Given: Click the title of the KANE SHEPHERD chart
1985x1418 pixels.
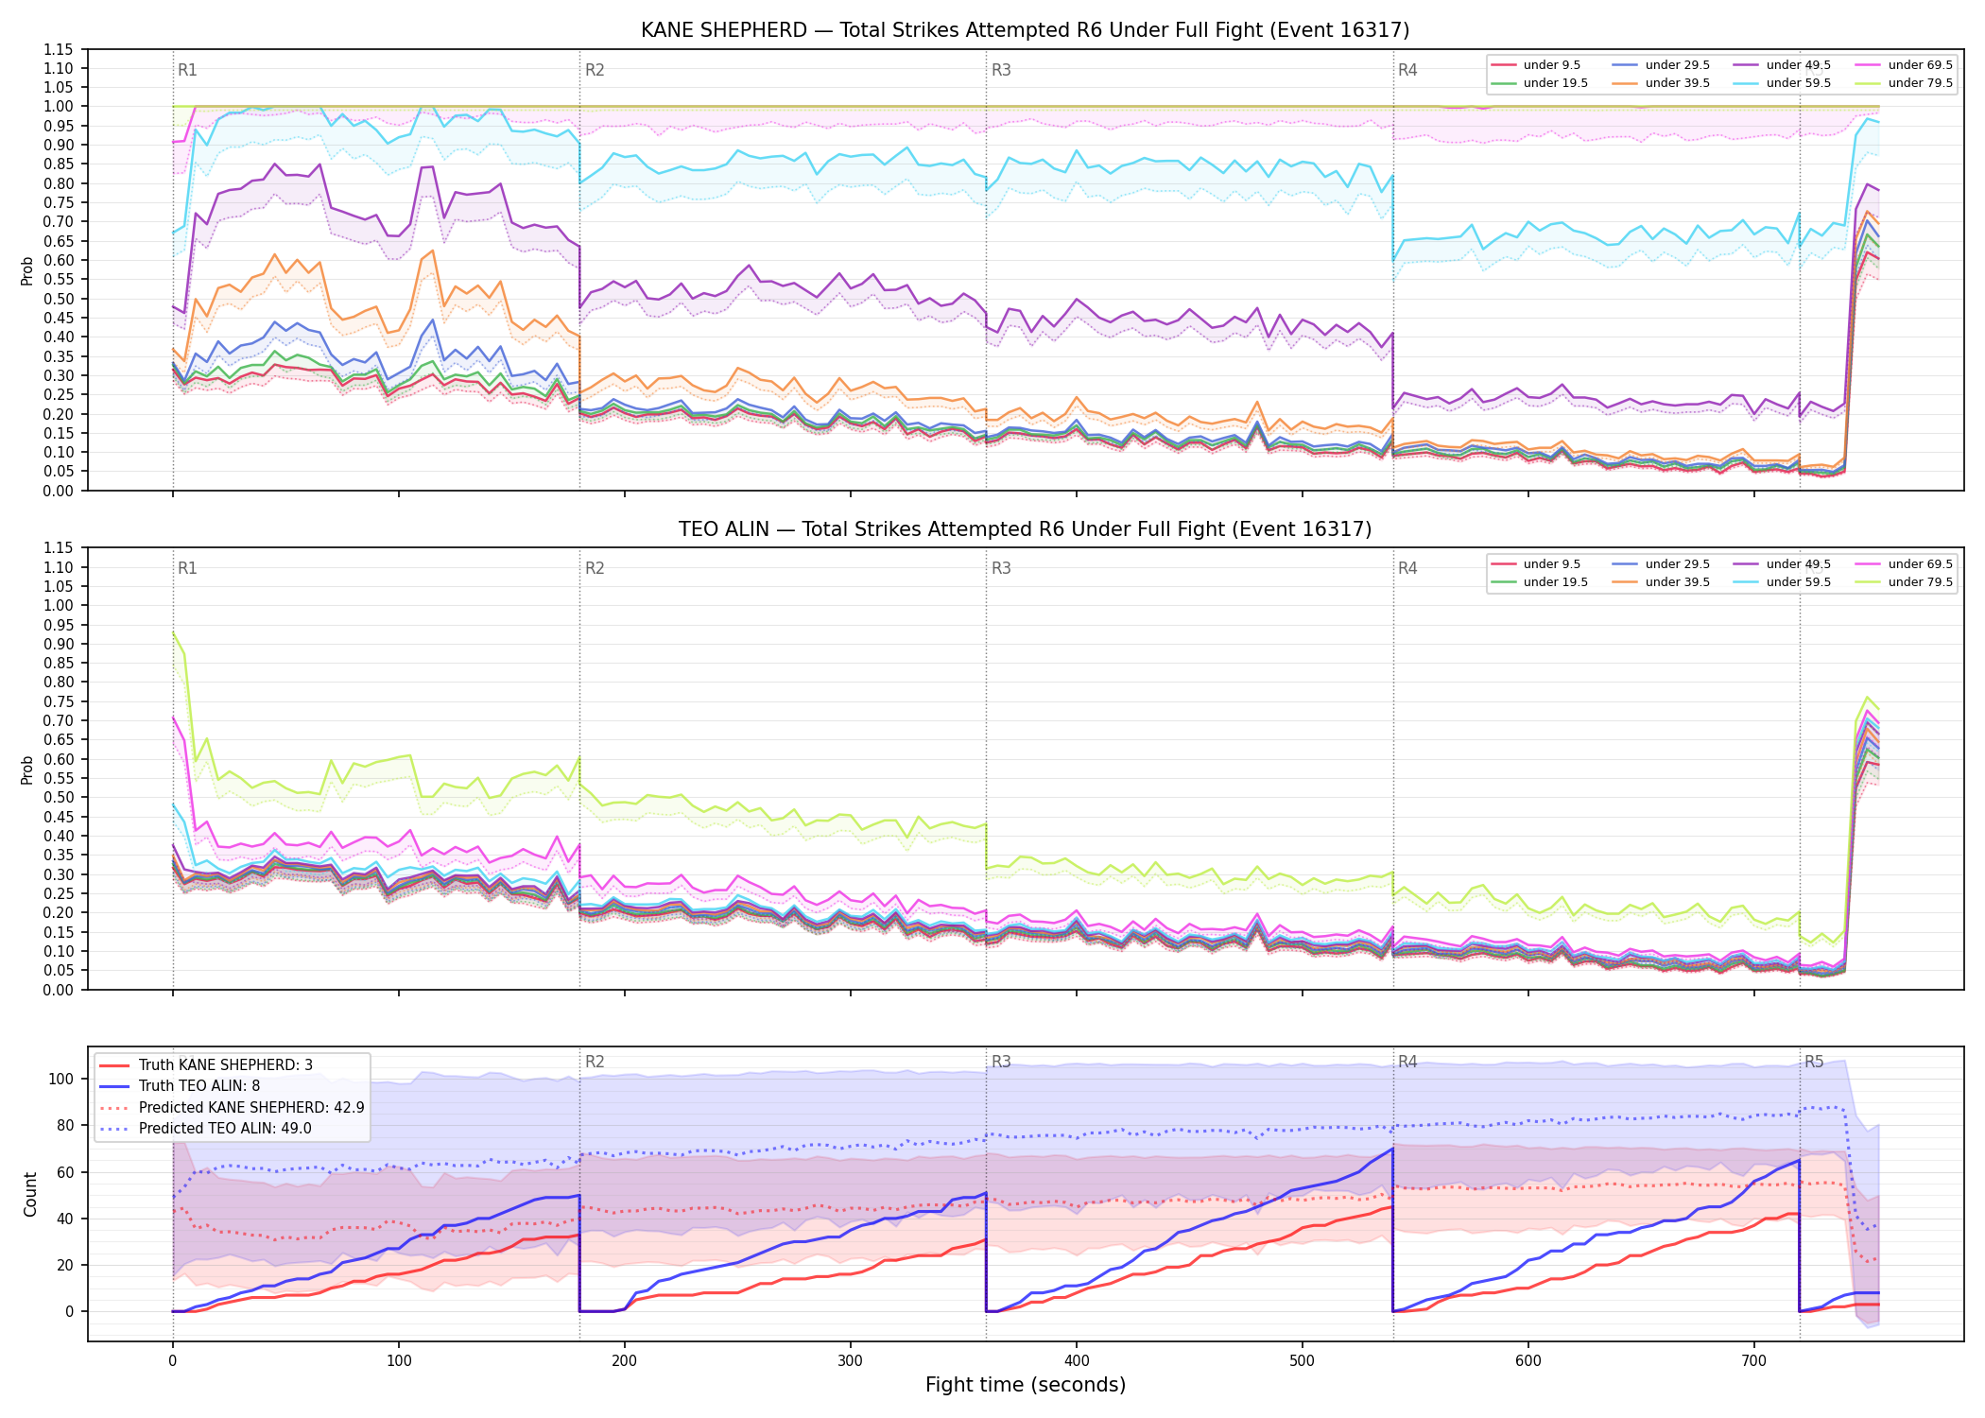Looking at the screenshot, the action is (x=1025, y=30).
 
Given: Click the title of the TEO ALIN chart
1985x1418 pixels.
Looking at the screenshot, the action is (x=1025, y=529).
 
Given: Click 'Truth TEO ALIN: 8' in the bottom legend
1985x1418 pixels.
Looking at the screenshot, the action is (x=198, y=1086).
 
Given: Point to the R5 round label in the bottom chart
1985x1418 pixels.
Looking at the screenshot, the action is (x=1814, y=1062).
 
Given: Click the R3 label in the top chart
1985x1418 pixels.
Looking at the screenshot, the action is (x=1001, y=70).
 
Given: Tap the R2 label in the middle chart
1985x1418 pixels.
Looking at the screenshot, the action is (x=595, y=568).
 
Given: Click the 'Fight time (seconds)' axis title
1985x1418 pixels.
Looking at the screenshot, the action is (x=1026, y=1385).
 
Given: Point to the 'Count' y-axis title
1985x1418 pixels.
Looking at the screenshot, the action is (x=30, y=1194).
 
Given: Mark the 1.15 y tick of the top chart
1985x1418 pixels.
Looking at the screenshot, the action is (x=58, y=49).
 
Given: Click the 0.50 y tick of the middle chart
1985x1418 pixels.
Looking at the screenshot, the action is (x=58, y=798).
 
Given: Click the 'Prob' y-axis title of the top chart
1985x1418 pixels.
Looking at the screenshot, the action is (x=27, y=270).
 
